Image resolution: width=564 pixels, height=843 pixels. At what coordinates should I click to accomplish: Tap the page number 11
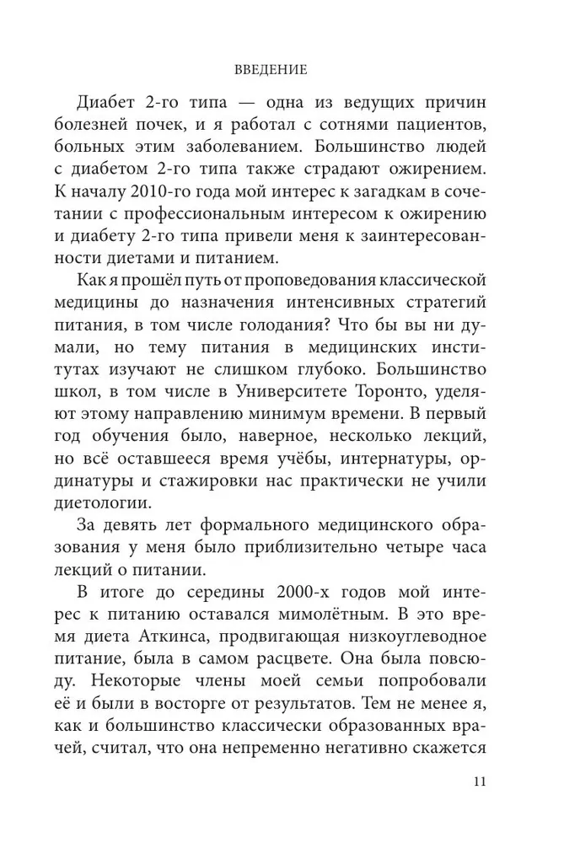[479, 781]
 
